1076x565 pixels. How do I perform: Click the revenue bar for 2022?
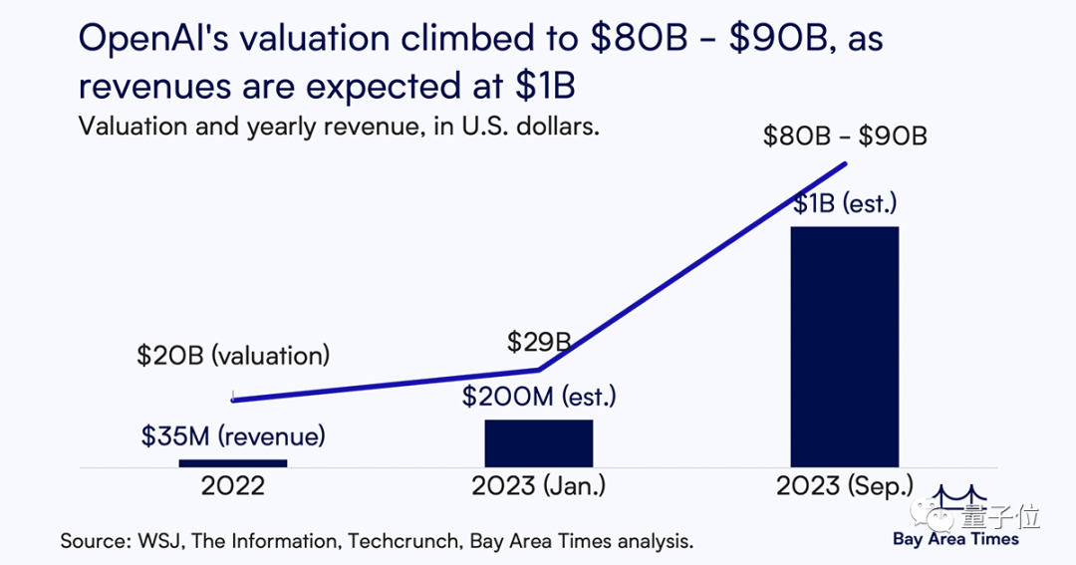click(x=233, y=462)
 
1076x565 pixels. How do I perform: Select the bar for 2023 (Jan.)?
click(x=539, y=442)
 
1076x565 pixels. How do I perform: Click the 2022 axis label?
click(x=233, y=487)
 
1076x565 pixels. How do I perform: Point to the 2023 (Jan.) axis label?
click(x=539, y=487)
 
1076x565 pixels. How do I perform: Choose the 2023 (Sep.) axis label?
click(x=845, y=487)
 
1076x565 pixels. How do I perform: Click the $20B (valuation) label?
click(x=233, y=356)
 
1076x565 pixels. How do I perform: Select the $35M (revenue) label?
click(x=233, y=435)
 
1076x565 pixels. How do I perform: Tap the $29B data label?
click(x=539, y=344)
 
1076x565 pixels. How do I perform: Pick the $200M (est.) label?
click(x=539, y=397)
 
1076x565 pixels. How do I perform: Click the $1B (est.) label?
click(x=846, y=205)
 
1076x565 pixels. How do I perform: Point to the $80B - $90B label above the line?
click(x=845, y=136)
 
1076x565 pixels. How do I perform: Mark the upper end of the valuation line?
click(x=846, y=163)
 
